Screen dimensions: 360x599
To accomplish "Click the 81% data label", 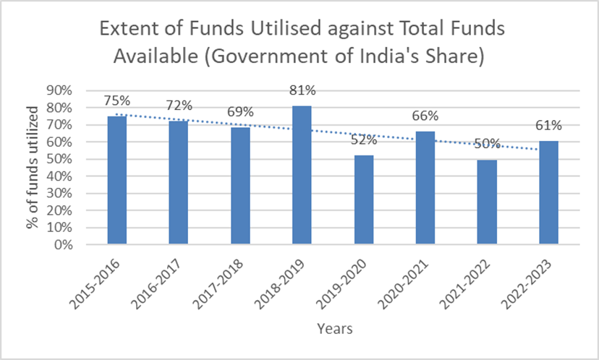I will point(302,91).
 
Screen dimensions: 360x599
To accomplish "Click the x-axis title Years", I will point(334,329).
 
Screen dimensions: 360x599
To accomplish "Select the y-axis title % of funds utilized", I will point(33,167).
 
